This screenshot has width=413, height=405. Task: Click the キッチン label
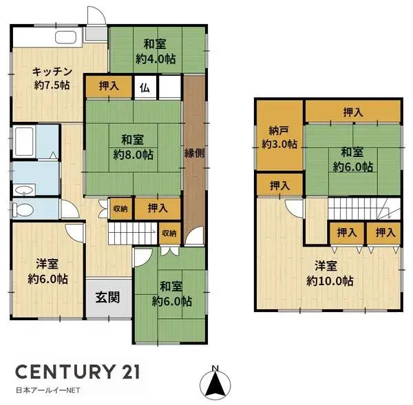51,70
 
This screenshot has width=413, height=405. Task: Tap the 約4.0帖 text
155,60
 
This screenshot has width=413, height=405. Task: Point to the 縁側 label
194,153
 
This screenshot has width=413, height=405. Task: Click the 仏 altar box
145,87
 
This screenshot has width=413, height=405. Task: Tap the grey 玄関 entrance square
108,298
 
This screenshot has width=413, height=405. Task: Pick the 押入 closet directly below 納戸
279,185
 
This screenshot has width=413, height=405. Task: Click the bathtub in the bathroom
26,141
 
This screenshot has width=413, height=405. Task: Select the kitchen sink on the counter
65,37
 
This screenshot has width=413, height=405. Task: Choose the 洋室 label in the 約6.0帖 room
47,262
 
